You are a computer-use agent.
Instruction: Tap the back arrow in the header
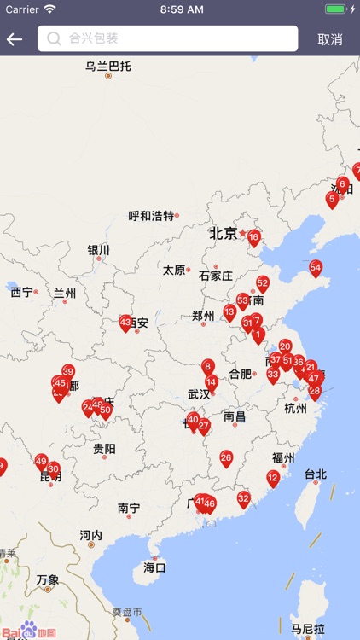tap(15, 39)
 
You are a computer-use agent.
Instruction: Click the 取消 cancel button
tap(329, 39)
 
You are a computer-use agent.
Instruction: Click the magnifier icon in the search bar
tap(54, 38)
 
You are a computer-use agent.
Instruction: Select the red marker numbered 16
tap(253, 237)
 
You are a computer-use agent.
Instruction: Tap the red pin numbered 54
tap(316, 267)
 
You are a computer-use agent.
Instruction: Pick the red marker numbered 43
tap(125, 323)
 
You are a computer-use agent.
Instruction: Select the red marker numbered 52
tap(263, 283)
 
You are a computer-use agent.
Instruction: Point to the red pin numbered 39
tap(68, 371)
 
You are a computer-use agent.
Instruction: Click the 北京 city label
tap(223, 233)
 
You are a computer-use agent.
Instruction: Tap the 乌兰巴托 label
tap(108, 66)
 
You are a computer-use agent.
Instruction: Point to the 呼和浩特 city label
tap(151, 216)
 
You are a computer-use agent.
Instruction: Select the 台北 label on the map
tap(316, 474)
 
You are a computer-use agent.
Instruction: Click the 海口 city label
tap(154, 567)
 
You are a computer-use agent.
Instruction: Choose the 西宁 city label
tap(22, 292)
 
